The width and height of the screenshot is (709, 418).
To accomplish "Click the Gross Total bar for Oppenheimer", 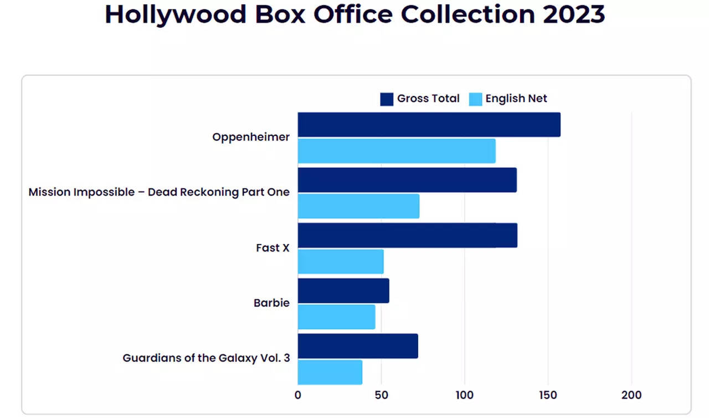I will tap(429, 124).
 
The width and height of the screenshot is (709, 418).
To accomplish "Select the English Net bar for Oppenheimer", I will tap(397, 151).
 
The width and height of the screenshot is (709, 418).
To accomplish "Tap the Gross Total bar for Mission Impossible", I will tap(407, 180).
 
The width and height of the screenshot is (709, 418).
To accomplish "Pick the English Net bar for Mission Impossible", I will tap(358, 206).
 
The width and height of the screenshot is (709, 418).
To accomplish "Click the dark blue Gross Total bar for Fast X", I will tap(407, 235).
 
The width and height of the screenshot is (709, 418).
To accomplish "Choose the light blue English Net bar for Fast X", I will tap(341, 262).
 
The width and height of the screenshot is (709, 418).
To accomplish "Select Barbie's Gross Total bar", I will tap(343, 290).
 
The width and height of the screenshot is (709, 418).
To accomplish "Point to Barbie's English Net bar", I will tap(336, 317).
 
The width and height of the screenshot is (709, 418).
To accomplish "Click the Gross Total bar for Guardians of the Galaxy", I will tap(358, 346).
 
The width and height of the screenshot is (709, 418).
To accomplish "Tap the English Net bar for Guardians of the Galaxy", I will tap(330, 373).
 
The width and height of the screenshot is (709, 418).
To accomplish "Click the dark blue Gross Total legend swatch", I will tap(387, 99).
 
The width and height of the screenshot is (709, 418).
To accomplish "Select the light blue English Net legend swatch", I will tap(476, 99).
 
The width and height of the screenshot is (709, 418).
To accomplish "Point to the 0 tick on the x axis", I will tap(298, 395).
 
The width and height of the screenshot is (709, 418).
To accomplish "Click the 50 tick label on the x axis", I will tap(381, 395).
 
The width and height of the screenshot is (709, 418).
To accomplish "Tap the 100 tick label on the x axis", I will tap(465, 395).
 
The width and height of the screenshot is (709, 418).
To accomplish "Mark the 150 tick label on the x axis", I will tap(548, 395).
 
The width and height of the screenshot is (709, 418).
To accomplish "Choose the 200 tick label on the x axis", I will tap(631, 395).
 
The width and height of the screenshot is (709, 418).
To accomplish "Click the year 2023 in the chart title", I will tap(573, 14).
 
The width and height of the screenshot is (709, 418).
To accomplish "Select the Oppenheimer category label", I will tap(251, 137).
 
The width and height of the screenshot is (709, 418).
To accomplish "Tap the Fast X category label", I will tap(273, 248).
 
